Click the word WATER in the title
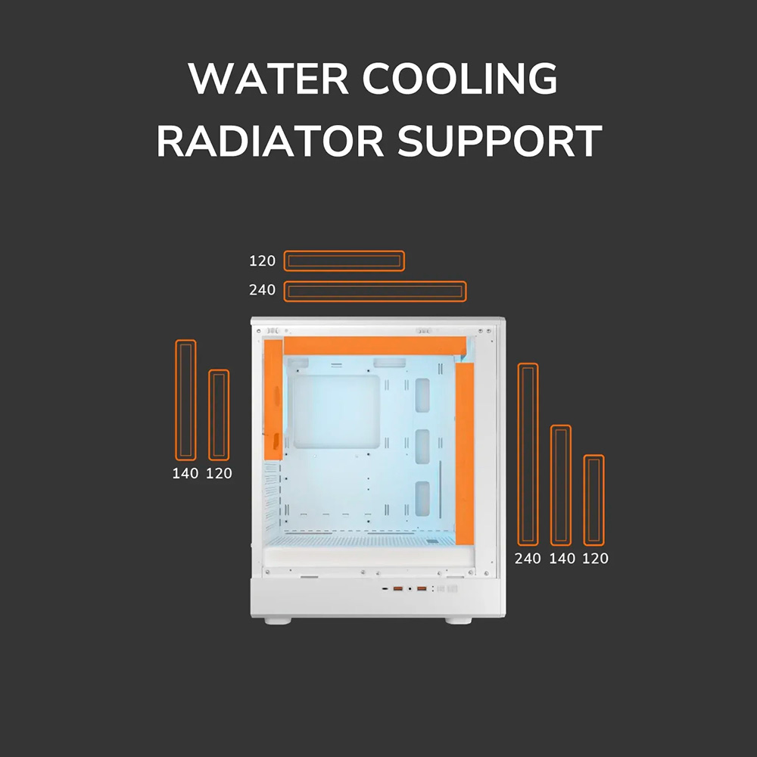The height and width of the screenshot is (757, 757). coord(268,78)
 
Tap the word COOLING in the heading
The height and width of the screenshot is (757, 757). coord(460,78)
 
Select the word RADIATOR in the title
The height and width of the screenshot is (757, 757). coord(270,141)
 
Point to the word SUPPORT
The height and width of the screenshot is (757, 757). coord(500,141)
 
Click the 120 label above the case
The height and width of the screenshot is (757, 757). coord(262,261)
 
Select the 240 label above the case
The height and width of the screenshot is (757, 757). coord(262,290)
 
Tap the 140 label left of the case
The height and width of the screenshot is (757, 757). coord(185,473)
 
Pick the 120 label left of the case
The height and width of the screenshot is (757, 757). coord(220,473)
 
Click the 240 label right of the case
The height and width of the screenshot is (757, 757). coord(528,559)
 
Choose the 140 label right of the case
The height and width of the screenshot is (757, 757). coord(562,559)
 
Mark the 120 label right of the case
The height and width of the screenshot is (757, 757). coord(595,559)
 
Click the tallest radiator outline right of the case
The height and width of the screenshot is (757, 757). coord(528,454)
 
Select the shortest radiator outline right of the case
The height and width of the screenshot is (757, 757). coord(593,500)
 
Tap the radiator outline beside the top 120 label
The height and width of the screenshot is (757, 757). coord(344,261)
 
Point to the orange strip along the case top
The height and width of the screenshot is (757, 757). coord(375,346)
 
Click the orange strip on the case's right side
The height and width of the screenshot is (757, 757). coord(465,453)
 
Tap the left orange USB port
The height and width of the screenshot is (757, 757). coord(398,588)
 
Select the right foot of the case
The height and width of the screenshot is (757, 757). coord(458,621)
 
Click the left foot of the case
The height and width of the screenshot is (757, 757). coord(278,621)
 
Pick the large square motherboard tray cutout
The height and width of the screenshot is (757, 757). coord(337,412)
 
